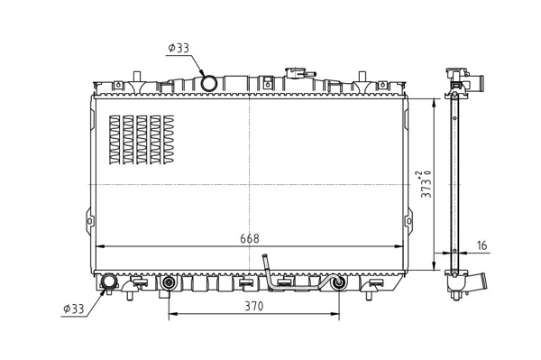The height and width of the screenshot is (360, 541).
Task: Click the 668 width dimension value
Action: (x=250, y=238)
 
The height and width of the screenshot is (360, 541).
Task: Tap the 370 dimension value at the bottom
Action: (x=254, y=306)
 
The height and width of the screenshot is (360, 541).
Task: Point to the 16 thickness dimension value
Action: (x=482, y=245)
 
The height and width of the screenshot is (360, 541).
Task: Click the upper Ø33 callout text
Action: (x=179, y=48)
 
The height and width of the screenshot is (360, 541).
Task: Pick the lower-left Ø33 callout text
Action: (x=74, y=309)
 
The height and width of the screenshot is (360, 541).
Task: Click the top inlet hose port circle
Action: (x=208, y=83)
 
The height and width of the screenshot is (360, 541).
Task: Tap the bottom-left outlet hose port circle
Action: (x=108, y=282)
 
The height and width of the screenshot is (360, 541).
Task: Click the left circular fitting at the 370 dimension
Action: (x=169, y=282)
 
